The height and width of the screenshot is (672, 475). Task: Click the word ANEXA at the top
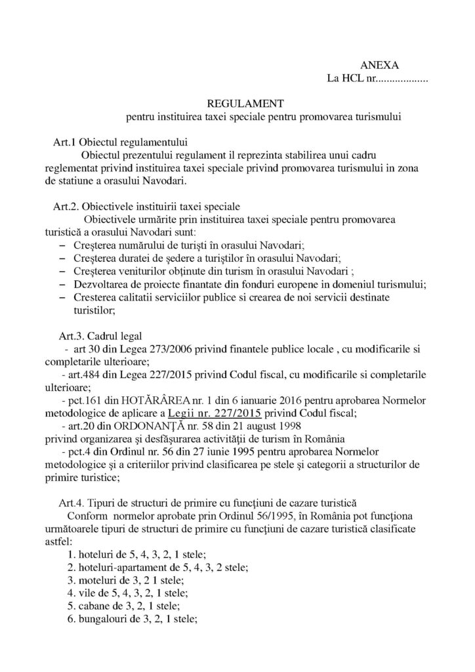(380, 65)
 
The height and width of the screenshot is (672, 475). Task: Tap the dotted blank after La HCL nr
(402, 79)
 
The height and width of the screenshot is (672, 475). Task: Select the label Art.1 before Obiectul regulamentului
(66, 142)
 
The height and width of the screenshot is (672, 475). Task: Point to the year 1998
(249, 426)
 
